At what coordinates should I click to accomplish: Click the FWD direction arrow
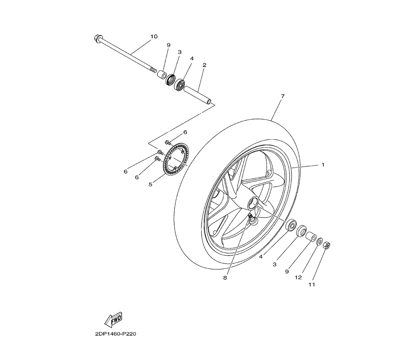coord(113,319)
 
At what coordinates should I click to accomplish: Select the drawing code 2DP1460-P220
coord(116,334)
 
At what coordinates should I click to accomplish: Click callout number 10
coord(154,36)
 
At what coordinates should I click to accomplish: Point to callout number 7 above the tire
coord(283,96)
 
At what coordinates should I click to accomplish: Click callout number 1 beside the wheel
coord(323,165)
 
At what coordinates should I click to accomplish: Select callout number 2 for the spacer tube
coord(204,65)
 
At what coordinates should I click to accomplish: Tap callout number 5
coord(150,184)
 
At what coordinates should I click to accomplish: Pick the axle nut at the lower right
coord(326,245)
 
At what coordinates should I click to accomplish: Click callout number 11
coord(312,285)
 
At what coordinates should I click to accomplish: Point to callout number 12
coord(298,277)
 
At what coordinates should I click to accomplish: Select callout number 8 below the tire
coord(225,278)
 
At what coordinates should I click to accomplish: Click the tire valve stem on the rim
coord(252,218)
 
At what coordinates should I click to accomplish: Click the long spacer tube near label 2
coord(198,95)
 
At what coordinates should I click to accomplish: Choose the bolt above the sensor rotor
coord(168,142)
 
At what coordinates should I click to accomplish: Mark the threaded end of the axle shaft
coord(153,70)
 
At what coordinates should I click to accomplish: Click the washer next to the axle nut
coord(319,241)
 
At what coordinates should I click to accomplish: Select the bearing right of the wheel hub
coord(291,225)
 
